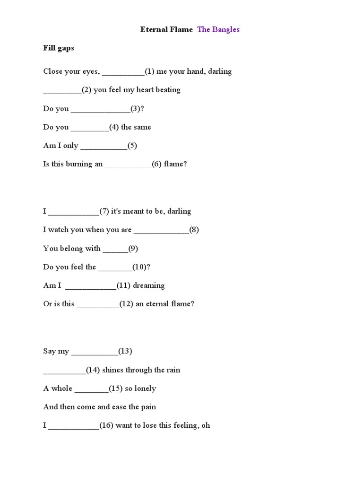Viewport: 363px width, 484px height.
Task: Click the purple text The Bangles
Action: (218, 29)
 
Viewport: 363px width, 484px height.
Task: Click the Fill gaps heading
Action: (59, 48)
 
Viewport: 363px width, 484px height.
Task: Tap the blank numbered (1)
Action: (123, 72)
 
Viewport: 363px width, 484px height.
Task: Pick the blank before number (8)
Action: (161, 231)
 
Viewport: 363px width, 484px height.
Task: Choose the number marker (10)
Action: (140, 267)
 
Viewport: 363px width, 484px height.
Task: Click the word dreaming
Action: (149, 285)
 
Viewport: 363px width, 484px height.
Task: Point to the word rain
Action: (173, 370)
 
